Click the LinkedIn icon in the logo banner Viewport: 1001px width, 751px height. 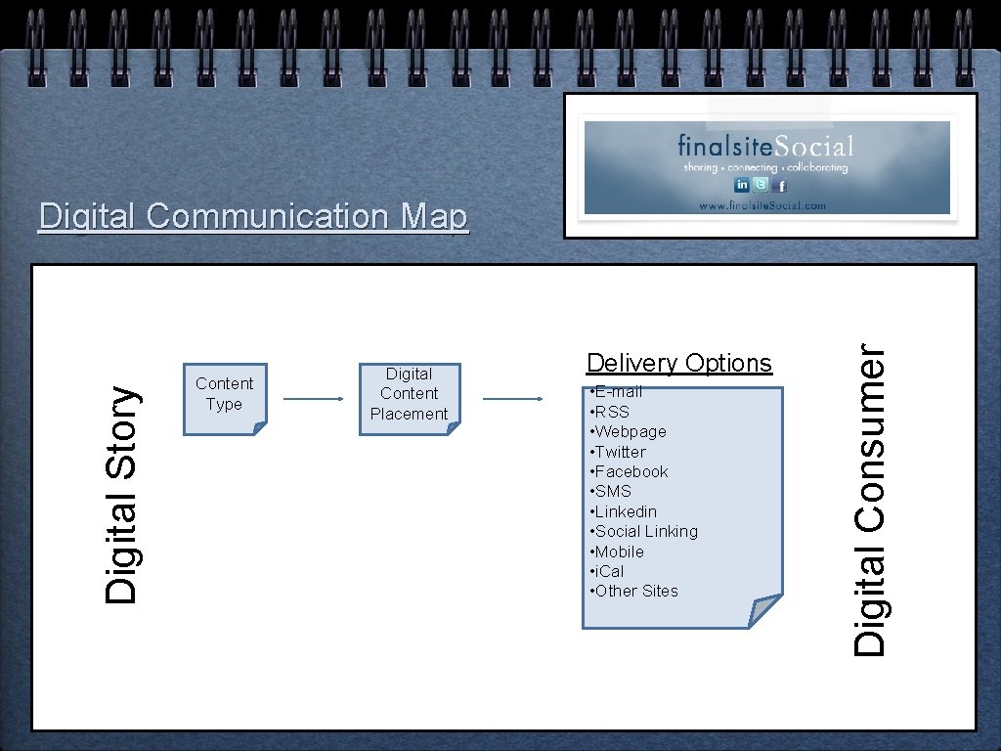pyautogui.click(x=742, y=185)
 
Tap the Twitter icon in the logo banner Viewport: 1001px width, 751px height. pyautogui.click(x=762, y=185)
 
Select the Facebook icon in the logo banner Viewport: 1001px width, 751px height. pyautogui.click(x=780, y=185)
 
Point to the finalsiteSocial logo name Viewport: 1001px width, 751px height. pyautogui.click(x=765, y=147)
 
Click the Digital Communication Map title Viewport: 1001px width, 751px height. pyautogui.click(x=253, y=216)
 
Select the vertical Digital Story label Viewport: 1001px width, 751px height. pyautogui.click(x=123, y=494)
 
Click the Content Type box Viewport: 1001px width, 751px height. pyautogui.click(x=224, y=394)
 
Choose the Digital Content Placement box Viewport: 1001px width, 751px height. pyautogui.click(x=409, y=394)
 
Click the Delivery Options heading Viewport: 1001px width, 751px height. pyautogui.click(x=678, y=363)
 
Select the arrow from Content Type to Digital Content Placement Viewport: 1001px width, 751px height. pyautogui.click(x=314, y=399)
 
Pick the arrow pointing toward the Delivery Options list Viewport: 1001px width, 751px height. pyautogui.click(x=513, y=399)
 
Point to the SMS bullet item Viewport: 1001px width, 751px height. pyautogui.click(x=611, y=491)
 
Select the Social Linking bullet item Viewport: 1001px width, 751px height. pyautogui.click(x=644, y=531)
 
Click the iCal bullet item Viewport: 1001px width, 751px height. pyautogui.click(x=607, y=571)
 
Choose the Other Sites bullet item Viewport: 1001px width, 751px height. pyautogui.click(x=634, y=591)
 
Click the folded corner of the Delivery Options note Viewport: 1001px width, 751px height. pyautogui.click(x=764, y=611)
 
